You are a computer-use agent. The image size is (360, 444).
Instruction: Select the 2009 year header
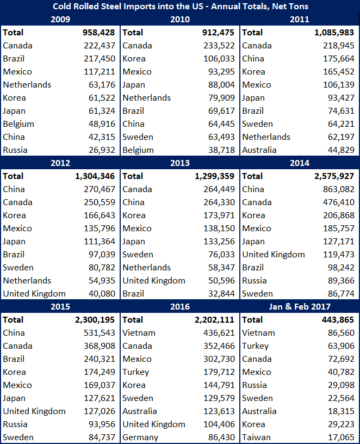pyautogui.click(x=60, y=19)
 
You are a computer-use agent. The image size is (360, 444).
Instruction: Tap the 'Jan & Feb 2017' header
pyautogui.click(x=299, y=306)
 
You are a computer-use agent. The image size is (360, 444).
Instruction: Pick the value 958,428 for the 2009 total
pyautogui.click(x=95, y=32)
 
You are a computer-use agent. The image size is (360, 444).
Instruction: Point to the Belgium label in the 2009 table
pyautogui.click(x=18, y=124)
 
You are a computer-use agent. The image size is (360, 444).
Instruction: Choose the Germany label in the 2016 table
pyautogui.click(x=140, y=437)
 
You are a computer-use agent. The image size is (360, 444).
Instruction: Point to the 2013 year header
pyautogui.click(x=180, y=163)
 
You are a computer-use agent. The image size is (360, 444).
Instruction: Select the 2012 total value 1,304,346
pyautogui.click(x=91, y=176)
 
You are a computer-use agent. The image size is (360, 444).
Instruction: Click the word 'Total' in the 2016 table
pyautogui.click(x=133, y=319)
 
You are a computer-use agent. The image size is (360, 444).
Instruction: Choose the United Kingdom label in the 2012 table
pyautogui.click(x=34, y=293)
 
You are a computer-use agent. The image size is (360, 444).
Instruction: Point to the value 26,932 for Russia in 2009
pyautogui.click(x=102, y=150)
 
